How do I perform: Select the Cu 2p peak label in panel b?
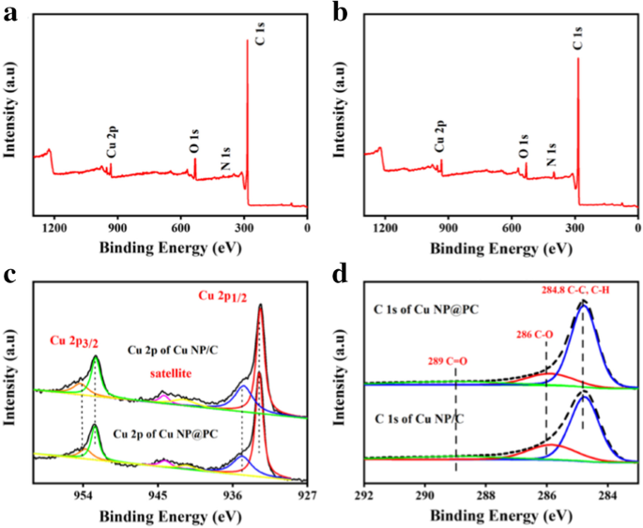(x=438, y=140)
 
